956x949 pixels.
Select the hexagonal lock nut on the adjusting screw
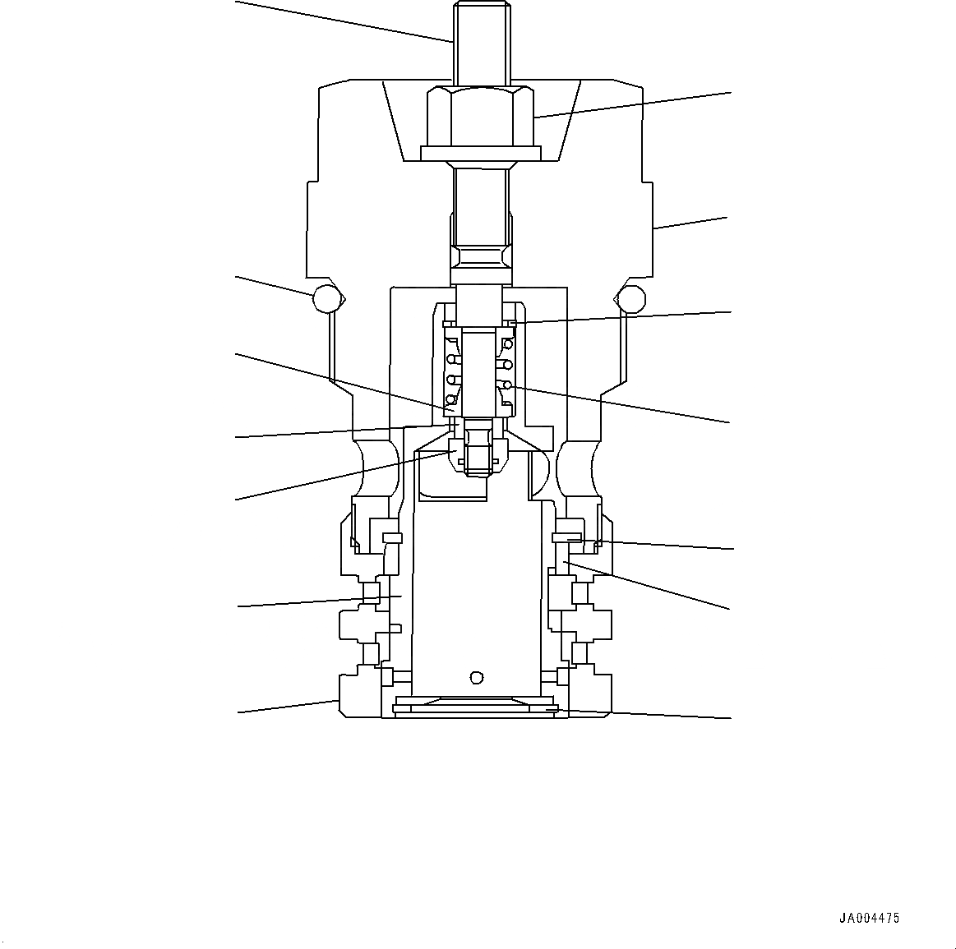(x=480, y=117)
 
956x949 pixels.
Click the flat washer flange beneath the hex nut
(x=480, y=153)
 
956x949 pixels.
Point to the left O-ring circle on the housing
(x=326, y=298)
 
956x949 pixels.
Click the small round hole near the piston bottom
(x=475, y=677)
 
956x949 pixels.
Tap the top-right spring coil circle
(x=509, y=343)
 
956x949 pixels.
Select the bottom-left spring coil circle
(x=450, y=400)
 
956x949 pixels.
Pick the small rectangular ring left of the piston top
(x=392, y=538)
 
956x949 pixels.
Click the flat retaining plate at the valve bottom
(x=476, y=707)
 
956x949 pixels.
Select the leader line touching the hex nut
(x=633, y=105)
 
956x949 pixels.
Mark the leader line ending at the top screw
(x=345, y=21)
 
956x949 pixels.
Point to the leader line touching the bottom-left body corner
(x=288, y=707)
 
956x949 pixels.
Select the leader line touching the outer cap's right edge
(x=690, y=223)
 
